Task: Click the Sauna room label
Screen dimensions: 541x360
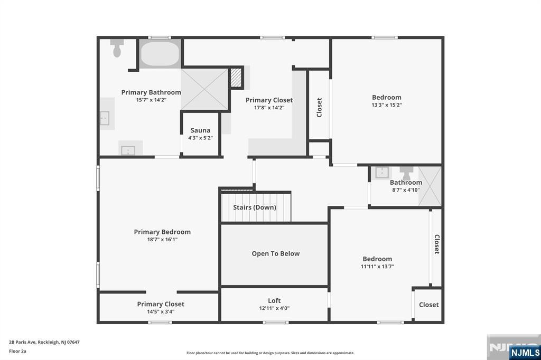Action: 200,130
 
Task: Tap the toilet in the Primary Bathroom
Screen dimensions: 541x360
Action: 117,48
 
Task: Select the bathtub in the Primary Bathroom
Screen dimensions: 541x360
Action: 160,54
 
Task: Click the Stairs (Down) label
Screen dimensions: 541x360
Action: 255,207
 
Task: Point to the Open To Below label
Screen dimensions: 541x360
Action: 276,253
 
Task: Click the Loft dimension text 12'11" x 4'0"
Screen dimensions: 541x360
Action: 274,308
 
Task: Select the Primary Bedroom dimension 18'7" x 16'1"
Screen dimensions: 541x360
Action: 162,239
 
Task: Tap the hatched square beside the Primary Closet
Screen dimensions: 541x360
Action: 236,78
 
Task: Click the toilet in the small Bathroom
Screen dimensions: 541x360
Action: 406,173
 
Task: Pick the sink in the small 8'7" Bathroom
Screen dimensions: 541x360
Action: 382,173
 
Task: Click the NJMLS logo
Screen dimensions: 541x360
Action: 525,352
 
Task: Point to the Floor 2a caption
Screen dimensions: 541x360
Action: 17,352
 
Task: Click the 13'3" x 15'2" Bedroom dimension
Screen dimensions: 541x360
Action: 386,105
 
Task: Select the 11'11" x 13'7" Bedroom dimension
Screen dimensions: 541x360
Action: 377,266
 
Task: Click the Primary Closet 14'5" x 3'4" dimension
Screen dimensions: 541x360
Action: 161,312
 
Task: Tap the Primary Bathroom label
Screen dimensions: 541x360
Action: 151,92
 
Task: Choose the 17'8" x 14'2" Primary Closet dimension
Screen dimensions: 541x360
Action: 269,108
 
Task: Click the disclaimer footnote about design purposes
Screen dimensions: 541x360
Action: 270,353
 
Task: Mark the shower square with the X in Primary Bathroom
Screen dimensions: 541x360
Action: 204,89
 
